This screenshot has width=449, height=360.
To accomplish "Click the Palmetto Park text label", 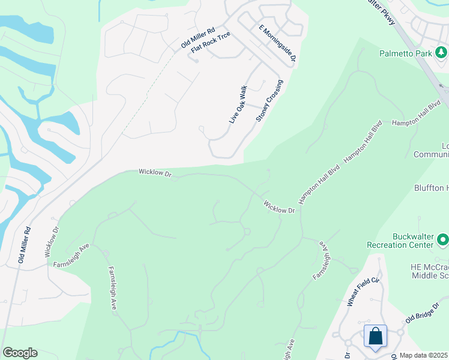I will point(406,53).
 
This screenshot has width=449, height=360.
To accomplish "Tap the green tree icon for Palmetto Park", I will point(442,53).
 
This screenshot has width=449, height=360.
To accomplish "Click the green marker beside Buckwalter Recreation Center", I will point(444,240).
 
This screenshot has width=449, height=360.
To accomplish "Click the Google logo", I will point(20,353).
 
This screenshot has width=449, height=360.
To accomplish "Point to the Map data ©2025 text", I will point(423,355).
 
